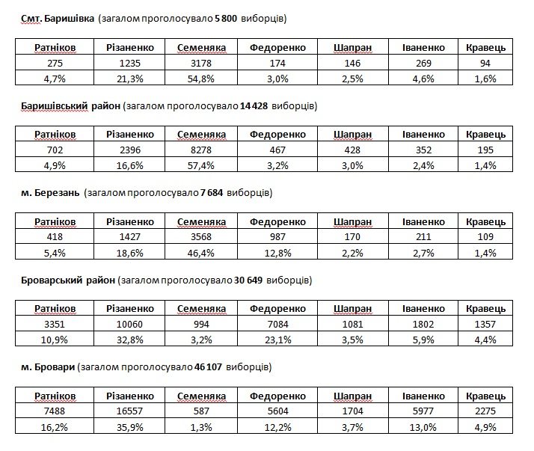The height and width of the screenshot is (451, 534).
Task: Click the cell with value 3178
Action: coord(201,63)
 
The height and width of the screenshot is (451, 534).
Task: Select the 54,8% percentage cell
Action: coord(201,79)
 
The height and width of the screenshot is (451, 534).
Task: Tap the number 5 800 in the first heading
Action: coord(226,19)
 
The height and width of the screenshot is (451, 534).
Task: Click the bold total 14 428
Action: coord(254,106)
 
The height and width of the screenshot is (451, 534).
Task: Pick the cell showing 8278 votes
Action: coord(201,150)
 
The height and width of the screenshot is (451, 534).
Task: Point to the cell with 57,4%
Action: coord(201,165)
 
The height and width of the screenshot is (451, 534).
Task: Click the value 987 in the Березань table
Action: coord(277,237)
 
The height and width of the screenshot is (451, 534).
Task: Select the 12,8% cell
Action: coord(277,253)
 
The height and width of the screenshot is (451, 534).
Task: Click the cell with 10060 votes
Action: coord(129,324)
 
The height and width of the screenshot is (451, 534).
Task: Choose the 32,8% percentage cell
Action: coord(129,340)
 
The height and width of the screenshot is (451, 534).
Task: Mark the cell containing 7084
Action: coord(277,324)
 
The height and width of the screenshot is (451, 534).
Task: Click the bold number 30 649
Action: coord(248,280)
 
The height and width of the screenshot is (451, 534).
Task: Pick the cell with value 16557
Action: coord(129,411)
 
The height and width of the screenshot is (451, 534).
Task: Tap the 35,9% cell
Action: coord(129,427)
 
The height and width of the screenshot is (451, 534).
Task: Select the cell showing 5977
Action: coord(423,411)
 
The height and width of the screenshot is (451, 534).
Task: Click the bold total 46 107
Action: coord(208,367)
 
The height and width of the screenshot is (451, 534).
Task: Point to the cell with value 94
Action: coord(485,63)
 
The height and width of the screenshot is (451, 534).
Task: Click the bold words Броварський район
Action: coord(68,280)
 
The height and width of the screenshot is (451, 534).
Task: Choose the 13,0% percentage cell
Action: coord(423,427)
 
